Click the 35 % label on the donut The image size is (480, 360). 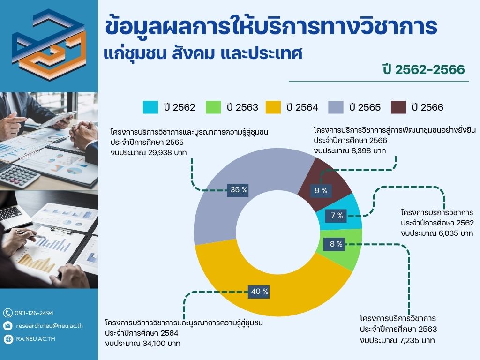click(x=238, y=190)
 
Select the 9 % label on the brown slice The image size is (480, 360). click(x=321, y=190)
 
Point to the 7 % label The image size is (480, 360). click(x=336, y=215)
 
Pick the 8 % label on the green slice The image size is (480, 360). click(x=336, y=244)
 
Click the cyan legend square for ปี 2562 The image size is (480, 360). click(x=150, y=107)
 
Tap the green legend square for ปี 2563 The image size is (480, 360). click(x=213, y=107)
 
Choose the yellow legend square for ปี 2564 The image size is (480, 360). click(x=273, y=107)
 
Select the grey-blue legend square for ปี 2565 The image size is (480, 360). click(x=336, y=107)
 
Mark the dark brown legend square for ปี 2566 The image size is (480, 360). click(x=398, y=107)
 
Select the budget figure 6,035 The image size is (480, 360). click(x=450, y=233)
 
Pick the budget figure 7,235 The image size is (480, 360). click(x=409, y=340)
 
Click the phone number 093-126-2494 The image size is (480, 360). click(x=34, y=313)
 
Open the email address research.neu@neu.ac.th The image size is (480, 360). click(x=50, y=326)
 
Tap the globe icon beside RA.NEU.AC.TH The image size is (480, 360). click(x=8, y=339)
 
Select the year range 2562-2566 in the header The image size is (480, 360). click(x=430, y=69)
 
